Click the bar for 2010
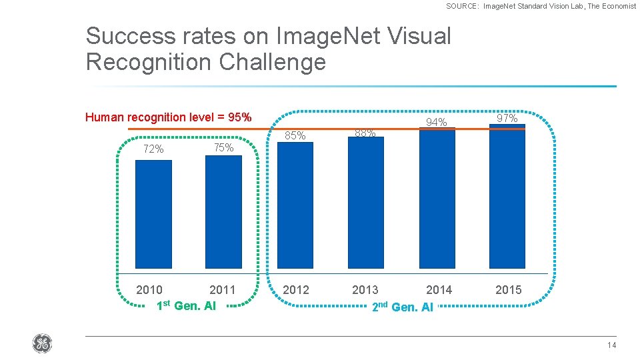(x=153, y=214)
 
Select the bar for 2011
(x=223, y=211)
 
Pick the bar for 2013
(x=365, y=203)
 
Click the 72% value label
(x=153, y=149)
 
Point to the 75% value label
(x=223, y=148)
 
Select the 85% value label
(x=295, y=136)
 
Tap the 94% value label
(x=437, y=123)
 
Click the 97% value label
(x=507, y=118)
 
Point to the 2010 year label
(x=149, y=290)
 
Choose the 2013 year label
(x=365, y=290)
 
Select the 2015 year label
(x=508, y=290)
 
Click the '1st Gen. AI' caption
(x=185, y=306)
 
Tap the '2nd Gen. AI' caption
(x=402, y=307)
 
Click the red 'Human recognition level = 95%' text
(x=169, y=117)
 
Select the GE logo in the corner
(x=41, y=344)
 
